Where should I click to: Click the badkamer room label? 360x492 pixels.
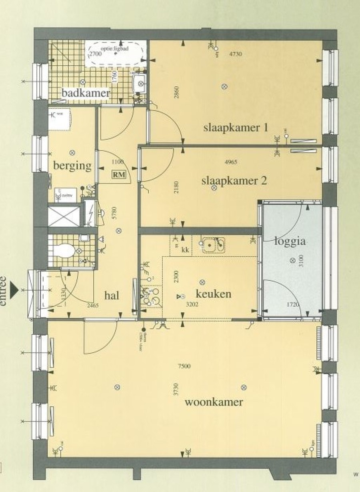click(x=86, y=93)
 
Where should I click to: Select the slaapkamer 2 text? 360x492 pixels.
click(x=234, y=180)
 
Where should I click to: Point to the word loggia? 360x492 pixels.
click(x=290, y=241)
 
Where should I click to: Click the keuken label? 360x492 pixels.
click(x=213, y=294)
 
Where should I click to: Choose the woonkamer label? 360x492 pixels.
click(x=214, y=402)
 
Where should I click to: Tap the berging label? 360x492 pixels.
click(x=73, y=166)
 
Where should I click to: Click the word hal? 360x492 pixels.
click(x=112, y=295)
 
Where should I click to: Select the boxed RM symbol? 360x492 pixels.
click(x=118, y=174)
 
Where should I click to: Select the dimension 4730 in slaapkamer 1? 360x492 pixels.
click(x=235, y=54)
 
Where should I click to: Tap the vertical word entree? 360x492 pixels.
click(x=4, y=290)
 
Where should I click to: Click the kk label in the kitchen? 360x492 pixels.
click(x=185, y=250)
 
